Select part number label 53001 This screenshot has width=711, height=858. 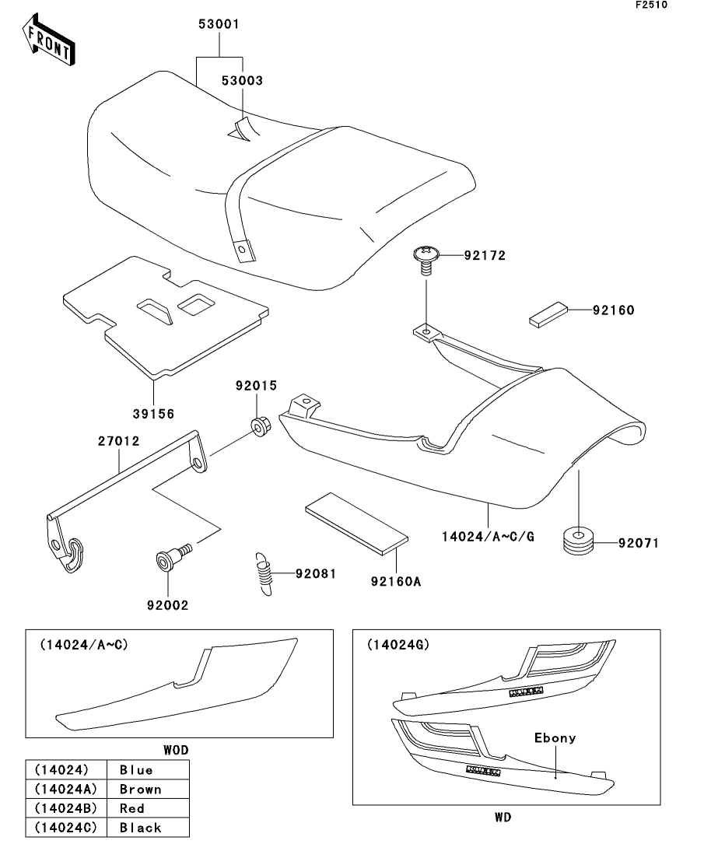pyautogui.click(x=219, y=24)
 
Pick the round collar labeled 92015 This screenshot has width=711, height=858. pyautogui.click(x=259, y=426)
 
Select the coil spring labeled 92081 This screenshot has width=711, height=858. pyautogui.click(x=266, y=574)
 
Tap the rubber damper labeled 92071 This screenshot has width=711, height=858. pyautogui.click(x=578, y=542)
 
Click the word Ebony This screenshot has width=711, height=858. pyautogui.click(x=555, y=737)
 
